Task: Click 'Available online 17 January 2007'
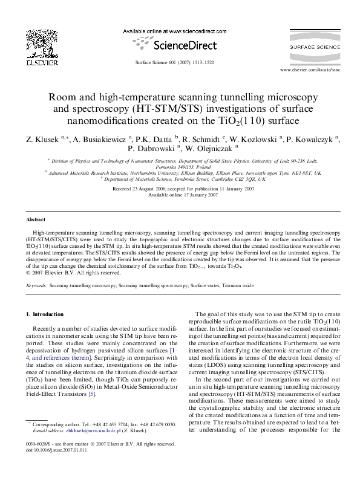(x=179, y=195)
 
